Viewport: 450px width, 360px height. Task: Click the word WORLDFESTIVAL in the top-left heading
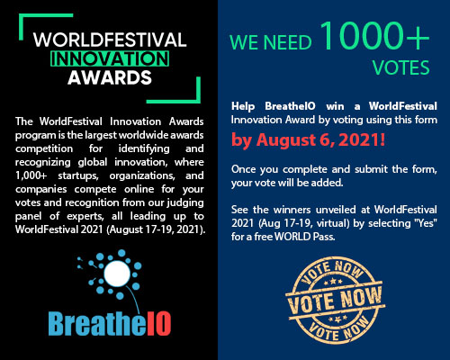107,40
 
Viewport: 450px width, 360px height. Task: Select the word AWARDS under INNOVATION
108,77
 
